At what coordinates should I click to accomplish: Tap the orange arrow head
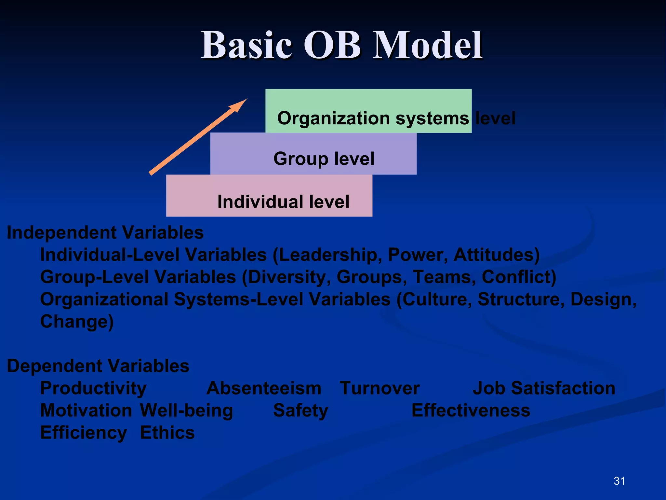pos(239,105)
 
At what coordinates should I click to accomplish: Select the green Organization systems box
pos(368,111)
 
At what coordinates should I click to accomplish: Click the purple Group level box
pos(313,154)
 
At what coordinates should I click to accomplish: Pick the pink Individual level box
pos(269,196)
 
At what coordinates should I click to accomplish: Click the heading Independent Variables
pos(105,233)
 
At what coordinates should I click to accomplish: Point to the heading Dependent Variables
pos(98,366)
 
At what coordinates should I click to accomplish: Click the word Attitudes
pos(496,255)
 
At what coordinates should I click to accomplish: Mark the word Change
pos(76,322)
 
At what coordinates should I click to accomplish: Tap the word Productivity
pos(93,388)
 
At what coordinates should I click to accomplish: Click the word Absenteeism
pos(264,388)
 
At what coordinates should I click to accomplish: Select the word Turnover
pos(380,388)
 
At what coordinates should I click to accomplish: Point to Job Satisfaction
pos(544,388)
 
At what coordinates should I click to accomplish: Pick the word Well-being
pos(186,410)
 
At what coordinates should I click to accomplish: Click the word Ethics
pos(167,433)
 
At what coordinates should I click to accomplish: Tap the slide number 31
pos(619,481)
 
